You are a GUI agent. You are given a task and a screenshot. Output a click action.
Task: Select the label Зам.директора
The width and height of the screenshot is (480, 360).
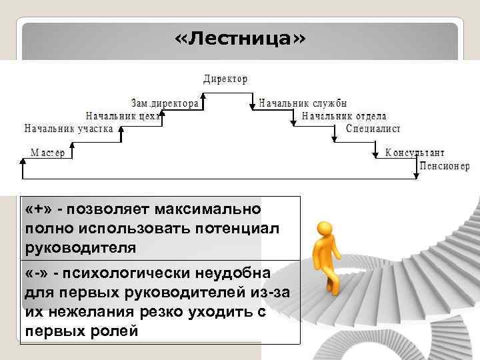(x=165, y=104)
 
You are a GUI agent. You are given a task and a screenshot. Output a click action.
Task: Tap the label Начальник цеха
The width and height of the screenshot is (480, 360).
(x=125, y=116)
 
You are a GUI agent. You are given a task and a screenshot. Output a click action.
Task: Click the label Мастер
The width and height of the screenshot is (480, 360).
(x=48, y=153)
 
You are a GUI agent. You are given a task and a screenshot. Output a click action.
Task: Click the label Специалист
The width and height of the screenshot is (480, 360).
(x=373, y=128)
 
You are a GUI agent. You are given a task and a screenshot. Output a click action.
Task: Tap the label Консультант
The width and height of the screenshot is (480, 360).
(x=415, y=153)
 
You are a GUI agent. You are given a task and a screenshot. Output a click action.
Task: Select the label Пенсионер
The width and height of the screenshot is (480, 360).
(x=445, y=166)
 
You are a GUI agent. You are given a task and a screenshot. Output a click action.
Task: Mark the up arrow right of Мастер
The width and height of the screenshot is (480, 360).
(x=72, y=151)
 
